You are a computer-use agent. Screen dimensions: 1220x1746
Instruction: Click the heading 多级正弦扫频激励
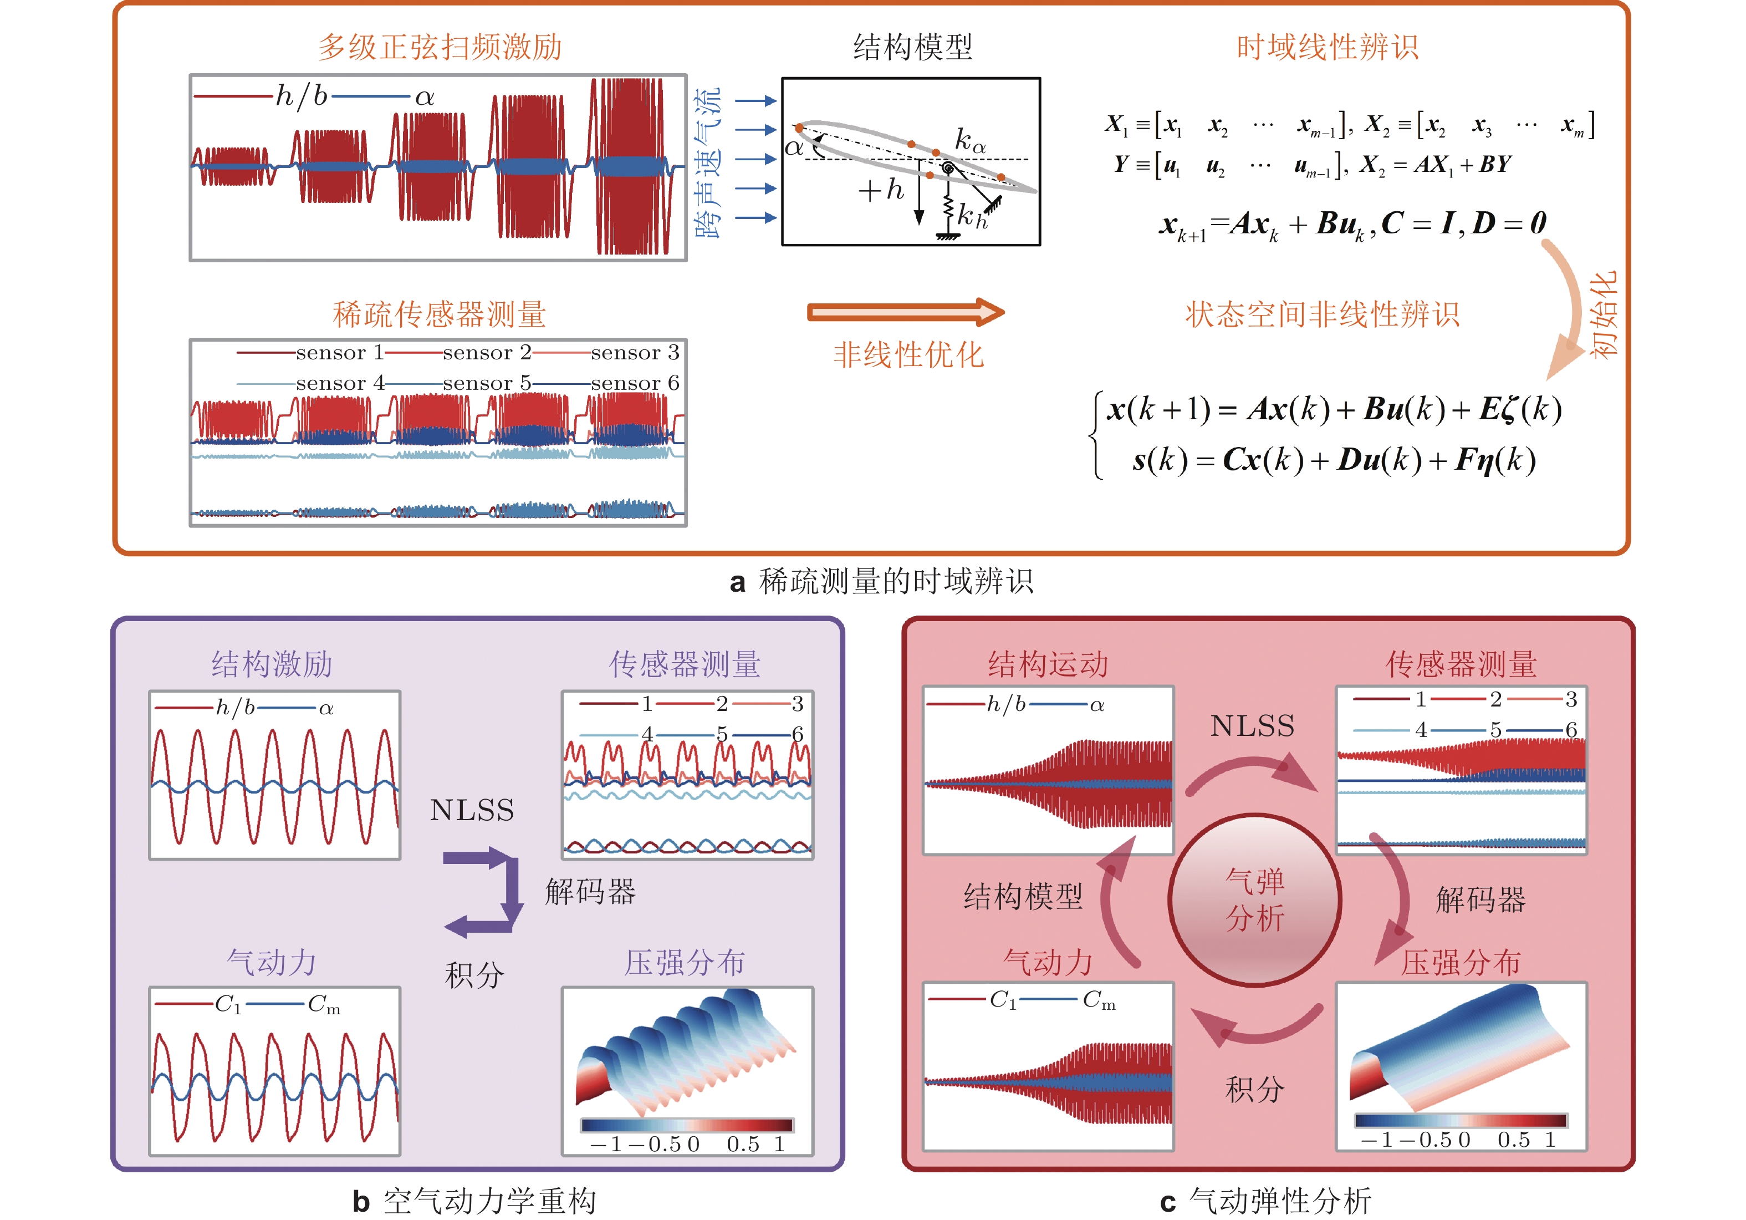(440, 47)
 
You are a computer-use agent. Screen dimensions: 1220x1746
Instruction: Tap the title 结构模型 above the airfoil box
(912, 47)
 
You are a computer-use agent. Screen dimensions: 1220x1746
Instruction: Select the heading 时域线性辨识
(1327, 47)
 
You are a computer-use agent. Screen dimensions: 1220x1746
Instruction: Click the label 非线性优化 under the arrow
(908, 354)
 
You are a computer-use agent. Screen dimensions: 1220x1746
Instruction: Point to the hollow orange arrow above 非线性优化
(905, 312)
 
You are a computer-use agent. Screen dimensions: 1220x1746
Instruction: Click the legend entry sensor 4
(340, 383)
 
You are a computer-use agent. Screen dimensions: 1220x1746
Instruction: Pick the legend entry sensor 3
(634, 352)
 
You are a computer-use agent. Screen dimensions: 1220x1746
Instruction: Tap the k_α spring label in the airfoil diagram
(969, 141)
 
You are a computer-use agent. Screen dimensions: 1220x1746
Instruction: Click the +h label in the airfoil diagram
(881, 190)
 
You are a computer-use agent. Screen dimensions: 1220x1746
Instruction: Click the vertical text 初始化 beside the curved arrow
(1603, 313)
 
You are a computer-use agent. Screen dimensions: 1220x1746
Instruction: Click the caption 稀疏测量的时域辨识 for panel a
(896, 582)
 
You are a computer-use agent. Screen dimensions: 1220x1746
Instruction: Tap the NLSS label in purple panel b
(472, 810)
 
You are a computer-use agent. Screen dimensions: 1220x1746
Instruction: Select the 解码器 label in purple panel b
(590, 891)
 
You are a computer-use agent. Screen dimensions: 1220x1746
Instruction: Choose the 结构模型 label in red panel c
(1023, 897)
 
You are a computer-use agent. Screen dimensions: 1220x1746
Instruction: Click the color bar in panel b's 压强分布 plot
(686, 1125)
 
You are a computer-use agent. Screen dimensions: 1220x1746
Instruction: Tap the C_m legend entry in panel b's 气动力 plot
(324, 1005)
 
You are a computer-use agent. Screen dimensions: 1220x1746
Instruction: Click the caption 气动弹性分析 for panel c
(1280, 1202)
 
